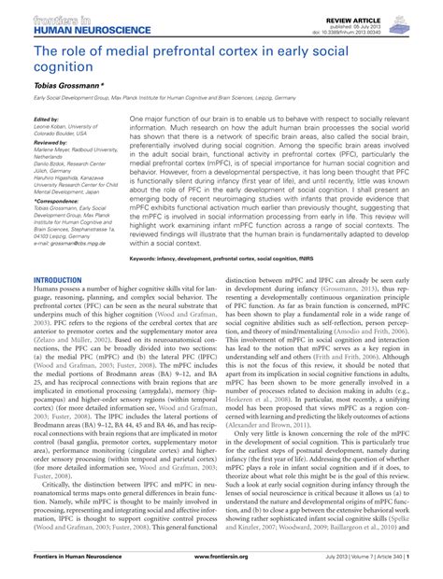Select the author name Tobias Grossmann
point(64,85)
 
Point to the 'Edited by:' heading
point(45,120)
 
